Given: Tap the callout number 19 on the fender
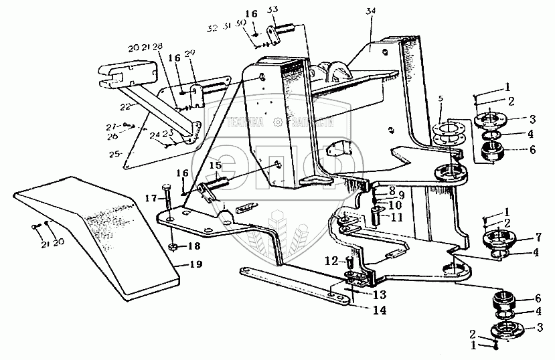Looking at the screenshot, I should coord(194,264).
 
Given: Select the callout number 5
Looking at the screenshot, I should coord(441,99).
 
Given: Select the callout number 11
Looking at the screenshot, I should coord(397,217).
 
